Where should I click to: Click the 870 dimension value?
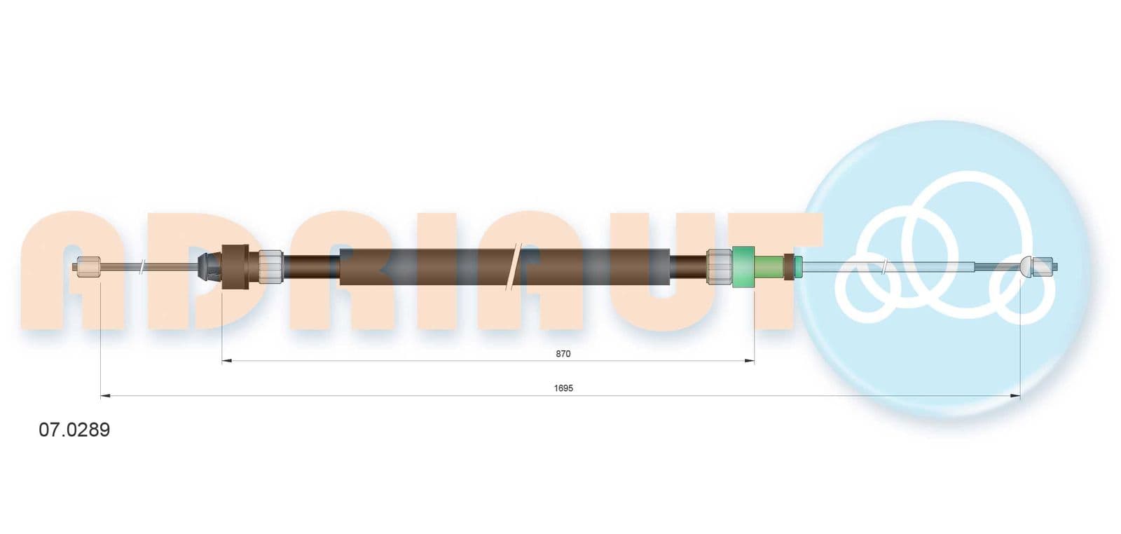coord(563,354)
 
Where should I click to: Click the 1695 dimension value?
coord(563,388)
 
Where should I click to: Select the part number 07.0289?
coord(74,430)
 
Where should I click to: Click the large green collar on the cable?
coord(743,267)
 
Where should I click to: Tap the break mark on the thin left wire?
coord(143,267)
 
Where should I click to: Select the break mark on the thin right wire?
coord(884,267)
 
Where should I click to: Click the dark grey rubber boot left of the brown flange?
coord(209,267)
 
